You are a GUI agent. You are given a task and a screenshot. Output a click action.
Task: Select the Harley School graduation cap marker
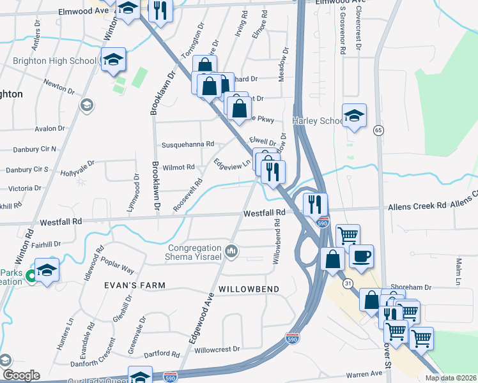click(x=354, y=116)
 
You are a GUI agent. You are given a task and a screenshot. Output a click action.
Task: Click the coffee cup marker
click(x=361, y=256)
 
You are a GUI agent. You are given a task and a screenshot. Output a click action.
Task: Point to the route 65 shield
click(x=379, y=130)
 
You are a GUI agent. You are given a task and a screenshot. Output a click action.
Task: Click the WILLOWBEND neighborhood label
click(x=249, y=289)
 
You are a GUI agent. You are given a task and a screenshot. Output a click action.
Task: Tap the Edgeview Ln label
click(x=232, y=163)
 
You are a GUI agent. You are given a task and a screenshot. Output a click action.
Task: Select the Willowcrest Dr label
click(x=217, y=349)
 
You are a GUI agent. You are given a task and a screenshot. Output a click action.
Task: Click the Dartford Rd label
click(x=162, y=354)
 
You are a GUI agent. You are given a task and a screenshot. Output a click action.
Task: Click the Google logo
click(x=20, y=375)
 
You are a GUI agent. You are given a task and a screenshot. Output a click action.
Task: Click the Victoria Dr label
click(x=25, y=188)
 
